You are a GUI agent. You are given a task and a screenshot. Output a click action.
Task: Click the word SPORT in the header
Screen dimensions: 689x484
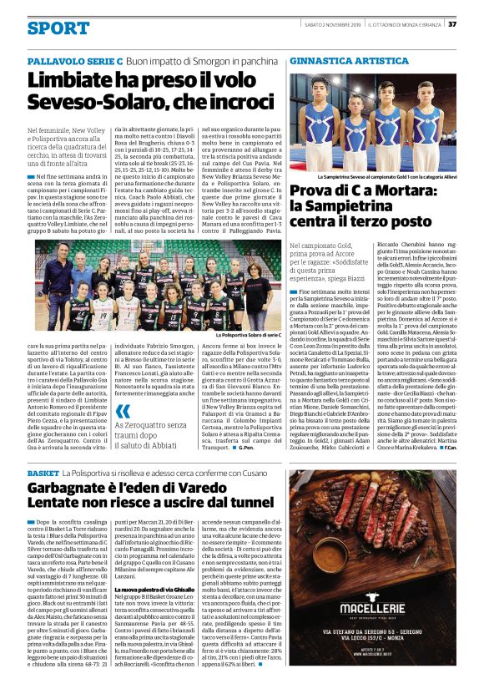click(58, 28)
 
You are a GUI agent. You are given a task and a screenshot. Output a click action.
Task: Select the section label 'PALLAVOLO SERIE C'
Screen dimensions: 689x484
click(75, 62)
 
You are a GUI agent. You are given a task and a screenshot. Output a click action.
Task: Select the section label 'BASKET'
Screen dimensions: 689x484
click(43, 474)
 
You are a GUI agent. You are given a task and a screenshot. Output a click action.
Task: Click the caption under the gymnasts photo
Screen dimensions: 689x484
click(385, 177)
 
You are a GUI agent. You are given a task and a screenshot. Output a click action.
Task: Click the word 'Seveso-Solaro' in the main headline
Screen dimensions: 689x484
click(88, 103)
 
